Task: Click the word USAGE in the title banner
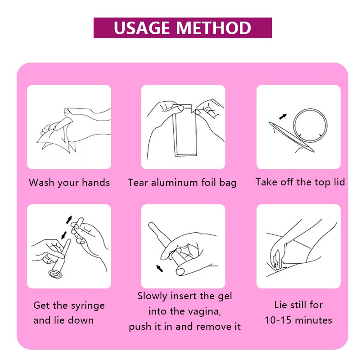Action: pyautogui.click(x=141, y=28)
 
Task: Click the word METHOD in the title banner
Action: pyautogui.click(x=213, y=28)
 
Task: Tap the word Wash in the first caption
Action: pyautogui.click(x=41, y=183)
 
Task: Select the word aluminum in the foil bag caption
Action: pyautogui.click(x=174, y=183)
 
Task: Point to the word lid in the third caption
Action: pyautogui.click(x=339, y=182)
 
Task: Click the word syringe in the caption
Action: pyautogui.click(x=88, y=306)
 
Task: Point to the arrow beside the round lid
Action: pyautogui.click(x=283, y=117)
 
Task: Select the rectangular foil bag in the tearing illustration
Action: pyautogui.click(x=185, y=131)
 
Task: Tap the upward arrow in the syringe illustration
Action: pyautogui.click(x=69, y=220)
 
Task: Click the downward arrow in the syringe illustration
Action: pyautogui.click(x=63, y=235)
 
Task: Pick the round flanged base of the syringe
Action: pyautogui.click(x=55, y=274)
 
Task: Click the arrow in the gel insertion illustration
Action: pyautogui.click(x=159, y=268)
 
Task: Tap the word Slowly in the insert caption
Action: pyautogui.click(x=152, y=297)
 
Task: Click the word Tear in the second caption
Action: pyautogui.click(x=138, y=183)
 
